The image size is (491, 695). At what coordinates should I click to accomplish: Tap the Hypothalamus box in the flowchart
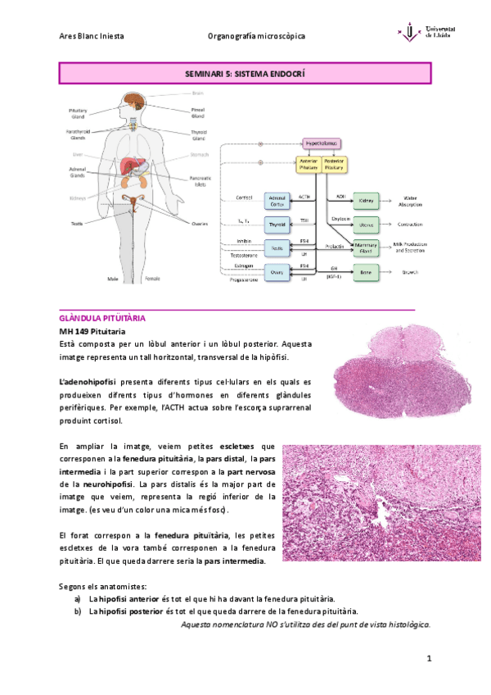click(x=322, y=143)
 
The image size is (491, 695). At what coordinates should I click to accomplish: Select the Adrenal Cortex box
click(x=277, y=201)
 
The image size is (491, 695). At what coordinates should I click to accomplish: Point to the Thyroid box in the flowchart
click(x=277, y=224)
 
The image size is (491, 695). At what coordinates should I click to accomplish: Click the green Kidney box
click(x=365, y=200)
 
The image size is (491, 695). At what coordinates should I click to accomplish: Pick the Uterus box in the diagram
click(x=365, y=224)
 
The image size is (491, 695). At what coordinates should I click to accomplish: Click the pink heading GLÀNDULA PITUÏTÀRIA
click(x=102, y=317)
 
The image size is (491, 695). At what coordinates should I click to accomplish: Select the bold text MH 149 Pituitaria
click(x=92, y=330)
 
